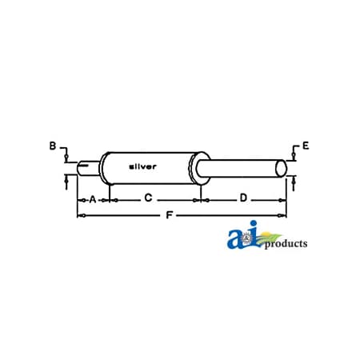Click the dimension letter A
[92, 198]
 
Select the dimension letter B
[53, 146]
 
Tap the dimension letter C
[148, 198]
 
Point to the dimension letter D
[243, 198]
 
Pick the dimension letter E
[306, 146]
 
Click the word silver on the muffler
[143, 166]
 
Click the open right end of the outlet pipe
[281, 169]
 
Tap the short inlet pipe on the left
[89, 169]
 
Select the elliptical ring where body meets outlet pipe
[194, 169]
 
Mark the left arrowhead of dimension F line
[78, 214]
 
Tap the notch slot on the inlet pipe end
[82, 168]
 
